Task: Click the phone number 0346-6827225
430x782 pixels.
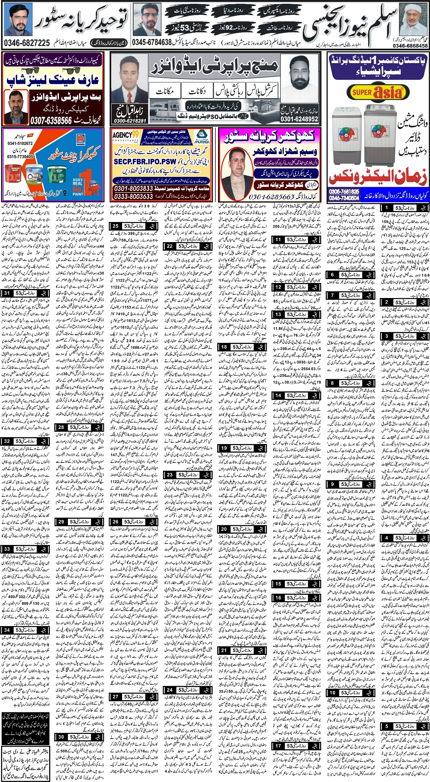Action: (x=27, y=43)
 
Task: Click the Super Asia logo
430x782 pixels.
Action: (x=378, y=91)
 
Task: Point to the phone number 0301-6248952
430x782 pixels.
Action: (x=299, y=119)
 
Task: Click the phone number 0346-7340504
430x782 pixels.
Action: (x=344, y=198)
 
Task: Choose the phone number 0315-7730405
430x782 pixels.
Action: (x=20, y=157)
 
